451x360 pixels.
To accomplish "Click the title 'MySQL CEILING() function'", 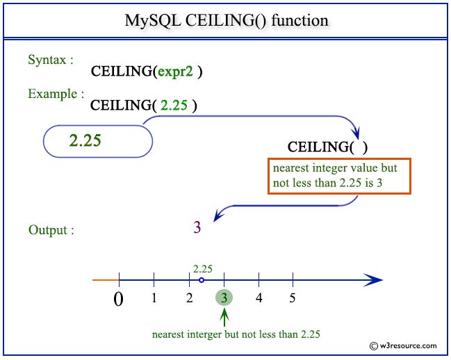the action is click(227, 21).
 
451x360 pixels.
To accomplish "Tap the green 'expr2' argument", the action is click(175, 72).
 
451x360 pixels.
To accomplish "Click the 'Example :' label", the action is click(56, 94).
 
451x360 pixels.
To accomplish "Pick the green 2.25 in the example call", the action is click(174, 105).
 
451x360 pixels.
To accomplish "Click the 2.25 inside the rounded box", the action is click(85, 140).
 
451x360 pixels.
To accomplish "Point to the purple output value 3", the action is click(197, 227).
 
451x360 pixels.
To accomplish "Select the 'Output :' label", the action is click(51, 230).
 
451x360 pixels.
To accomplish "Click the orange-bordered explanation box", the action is click(339, 176).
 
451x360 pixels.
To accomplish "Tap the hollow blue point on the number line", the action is click(202, 280).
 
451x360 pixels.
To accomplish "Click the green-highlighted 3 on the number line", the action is click(224, 297).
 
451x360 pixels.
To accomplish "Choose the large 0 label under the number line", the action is click(119, 300).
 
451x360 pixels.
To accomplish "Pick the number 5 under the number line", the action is click(293, 298).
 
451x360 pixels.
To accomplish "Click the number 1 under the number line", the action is click(154, 298).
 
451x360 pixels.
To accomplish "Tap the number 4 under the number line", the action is click(259, 298).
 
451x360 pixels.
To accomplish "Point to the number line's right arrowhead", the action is click(373, 280).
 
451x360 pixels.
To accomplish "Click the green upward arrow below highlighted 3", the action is click(224, 318).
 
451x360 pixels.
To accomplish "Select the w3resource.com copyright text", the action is click(403, 345).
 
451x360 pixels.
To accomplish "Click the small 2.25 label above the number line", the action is click(203, 269).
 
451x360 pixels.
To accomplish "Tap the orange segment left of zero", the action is click(106, 280).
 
